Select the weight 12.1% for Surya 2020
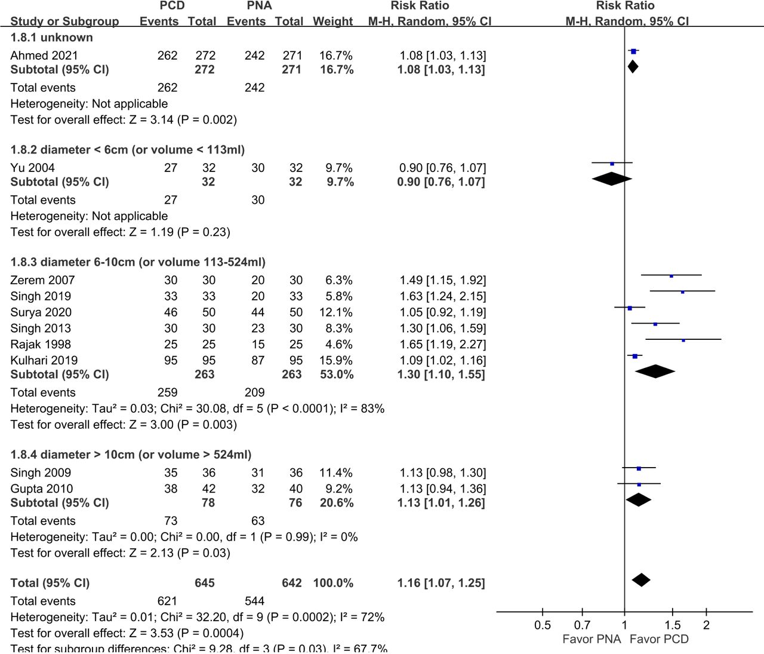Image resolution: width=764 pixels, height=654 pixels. tap(335, 312)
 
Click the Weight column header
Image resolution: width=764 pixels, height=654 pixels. tap(332, 22)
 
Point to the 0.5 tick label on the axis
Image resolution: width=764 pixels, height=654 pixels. tap(542, 625)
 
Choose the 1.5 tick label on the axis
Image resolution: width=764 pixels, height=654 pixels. tap(672, 625)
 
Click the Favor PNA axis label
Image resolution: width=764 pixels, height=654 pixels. tap(592, 640)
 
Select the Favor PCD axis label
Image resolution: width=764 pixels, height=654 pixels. tap(659, 640)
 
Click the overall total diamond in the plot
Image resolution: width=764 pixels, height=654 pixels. tap(640, 580)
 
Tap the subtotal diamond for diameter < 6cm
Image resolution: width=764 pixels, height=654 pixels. tap(611, 179)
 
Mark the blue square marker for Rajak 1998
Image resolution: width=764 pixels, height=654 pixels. tap(683, 340)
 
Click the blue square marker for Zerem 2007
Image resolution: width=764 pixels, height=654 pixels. tap(671, 276)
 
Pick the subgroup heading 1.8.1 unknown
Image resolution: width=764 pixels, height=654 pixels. tap(52, 38)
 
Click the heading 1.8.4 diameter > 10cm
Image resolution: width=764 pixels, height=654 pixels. tap(131, 455)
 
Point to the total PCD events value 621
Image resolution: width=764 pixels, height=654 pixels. tap(167, 601)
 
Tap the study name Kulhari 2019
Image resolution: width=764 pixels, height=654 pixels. tap(44, 361)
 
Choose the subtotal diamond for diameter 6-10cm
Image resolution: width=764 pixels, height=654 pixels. tap(655, 371)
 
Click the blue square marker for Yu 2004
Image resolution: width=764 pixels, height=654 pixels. tap(612, 164)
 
